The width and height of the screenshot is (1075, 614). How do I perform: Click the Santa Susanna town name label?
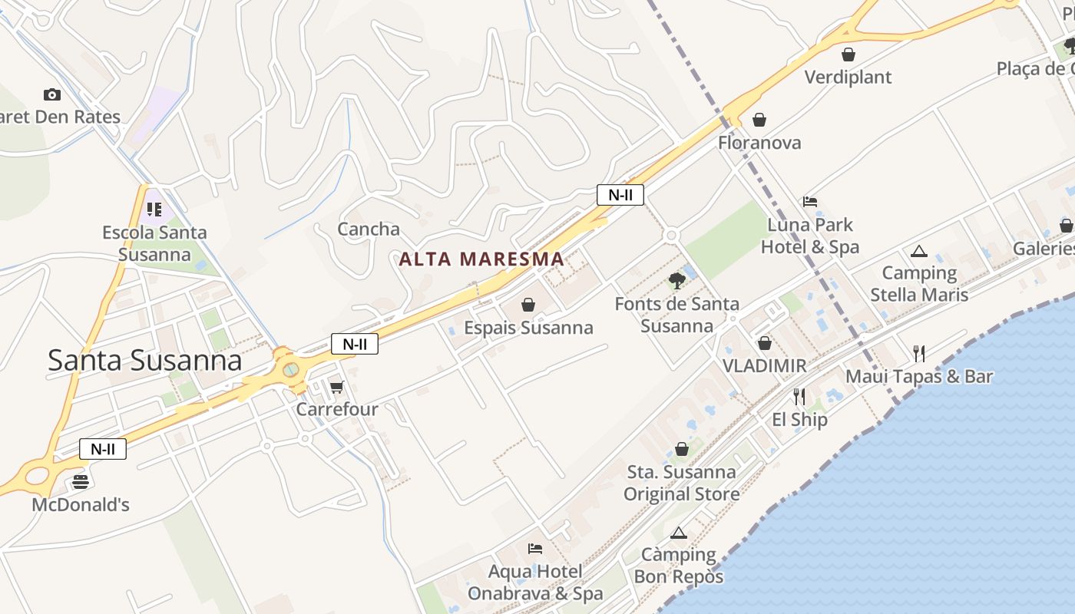[x=144, y=360]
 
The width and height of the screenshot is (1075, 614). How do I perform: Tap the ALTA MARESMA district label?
[x=481, y=259]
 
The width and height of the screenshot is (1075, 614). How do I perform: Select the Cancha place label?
[x=369, y=229]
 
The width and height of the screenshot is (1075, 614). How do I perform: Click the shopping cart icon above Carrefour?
[x=336, y=386]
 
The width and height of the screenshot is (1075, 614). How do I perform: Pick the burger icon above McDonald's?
[x=81, y=482]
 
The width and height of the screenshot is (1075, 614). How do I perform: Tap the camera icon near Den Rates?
[x=52, y=94]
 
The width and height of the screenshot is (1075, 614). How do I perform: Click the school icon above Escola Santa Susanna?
[x=154, y=209]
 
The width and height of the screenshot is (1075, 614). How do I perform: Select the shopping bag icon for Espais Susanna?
[x=528, y=305]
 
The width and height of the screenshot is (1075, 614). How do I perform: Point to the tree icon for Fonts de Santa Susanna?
[x=676, y=280]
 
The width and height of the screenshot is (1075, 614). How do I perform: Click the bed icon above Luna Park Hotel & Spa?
[x=810, y=202]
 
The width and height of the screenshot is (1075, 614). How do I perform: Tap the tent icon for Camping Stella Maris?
[x=919, y=251]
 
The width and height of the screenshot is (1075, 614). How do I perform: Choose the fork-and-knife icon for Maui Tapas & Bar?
[x=919, y=353]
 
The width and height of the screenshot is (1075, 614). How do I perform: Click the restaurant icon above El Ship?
[x=799, y=396]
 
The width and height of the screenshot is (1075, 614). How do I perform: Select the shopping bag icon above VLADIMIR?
[x=765, y=343]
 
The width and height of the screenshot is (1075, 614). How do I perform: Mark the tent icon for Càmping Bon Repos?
[x=678, y=533]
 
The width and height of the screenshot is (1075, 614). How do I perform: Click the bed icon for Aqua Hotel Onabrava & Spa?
[x=535, y=548]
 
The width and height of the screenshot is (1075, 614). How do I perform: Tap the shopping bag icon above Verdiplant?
[x=848, y=54]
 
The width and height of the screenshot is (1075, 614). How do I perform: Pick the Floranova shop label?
[x=759, y=143]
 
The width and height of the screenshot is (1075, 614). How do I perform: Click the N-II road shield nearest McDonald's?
[x=103, y=449]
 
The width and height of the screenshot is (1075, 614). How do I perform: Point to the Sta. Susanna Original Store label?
[x=682, y=483]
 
